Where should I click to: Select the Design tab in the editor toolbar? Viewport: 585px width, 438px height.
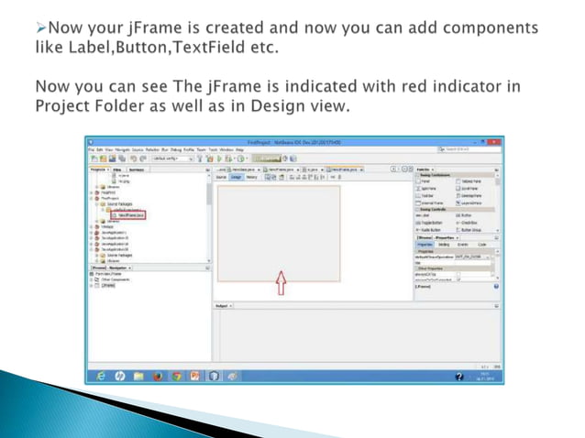[236, 177]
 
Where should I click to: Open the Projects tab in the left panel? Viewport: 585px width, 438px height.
[98, 170]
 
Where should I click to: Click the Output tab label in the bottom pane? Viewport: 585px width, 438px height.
[221, 304]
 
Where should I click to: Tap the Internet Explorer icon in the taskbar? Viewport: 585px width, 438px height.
[100, 376]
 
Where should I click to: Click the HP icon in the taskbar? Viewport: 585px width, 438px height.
[119, 376]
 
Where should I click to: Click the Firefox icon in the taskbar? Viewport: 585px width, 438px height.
[158, 376]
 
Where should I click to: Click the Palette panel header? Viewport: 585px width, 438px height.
[425, 170]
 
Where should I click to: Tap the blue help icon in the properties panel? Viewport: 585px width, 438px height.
[496, 286]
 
